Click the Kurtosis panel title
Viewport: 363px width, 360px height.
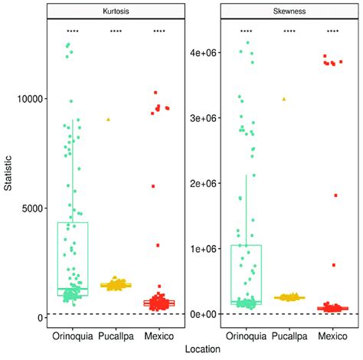coord(116,11)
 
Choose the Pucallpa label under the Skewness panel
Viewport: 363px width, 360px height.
coord(289,335)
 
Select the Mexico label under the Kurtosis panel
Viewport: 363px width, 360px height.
coord(159,335)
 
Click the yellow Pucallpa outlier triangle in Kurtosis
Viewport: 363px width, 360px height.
coord(108,119)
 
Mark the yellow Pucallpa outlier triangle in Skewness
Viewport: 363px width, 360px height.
coord(284,99)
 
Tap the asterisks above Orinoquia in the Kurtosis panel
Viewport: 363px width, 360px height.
coord(73,31)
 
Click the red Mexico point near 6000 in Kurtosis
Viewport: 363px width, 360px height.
coord(153,186)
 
